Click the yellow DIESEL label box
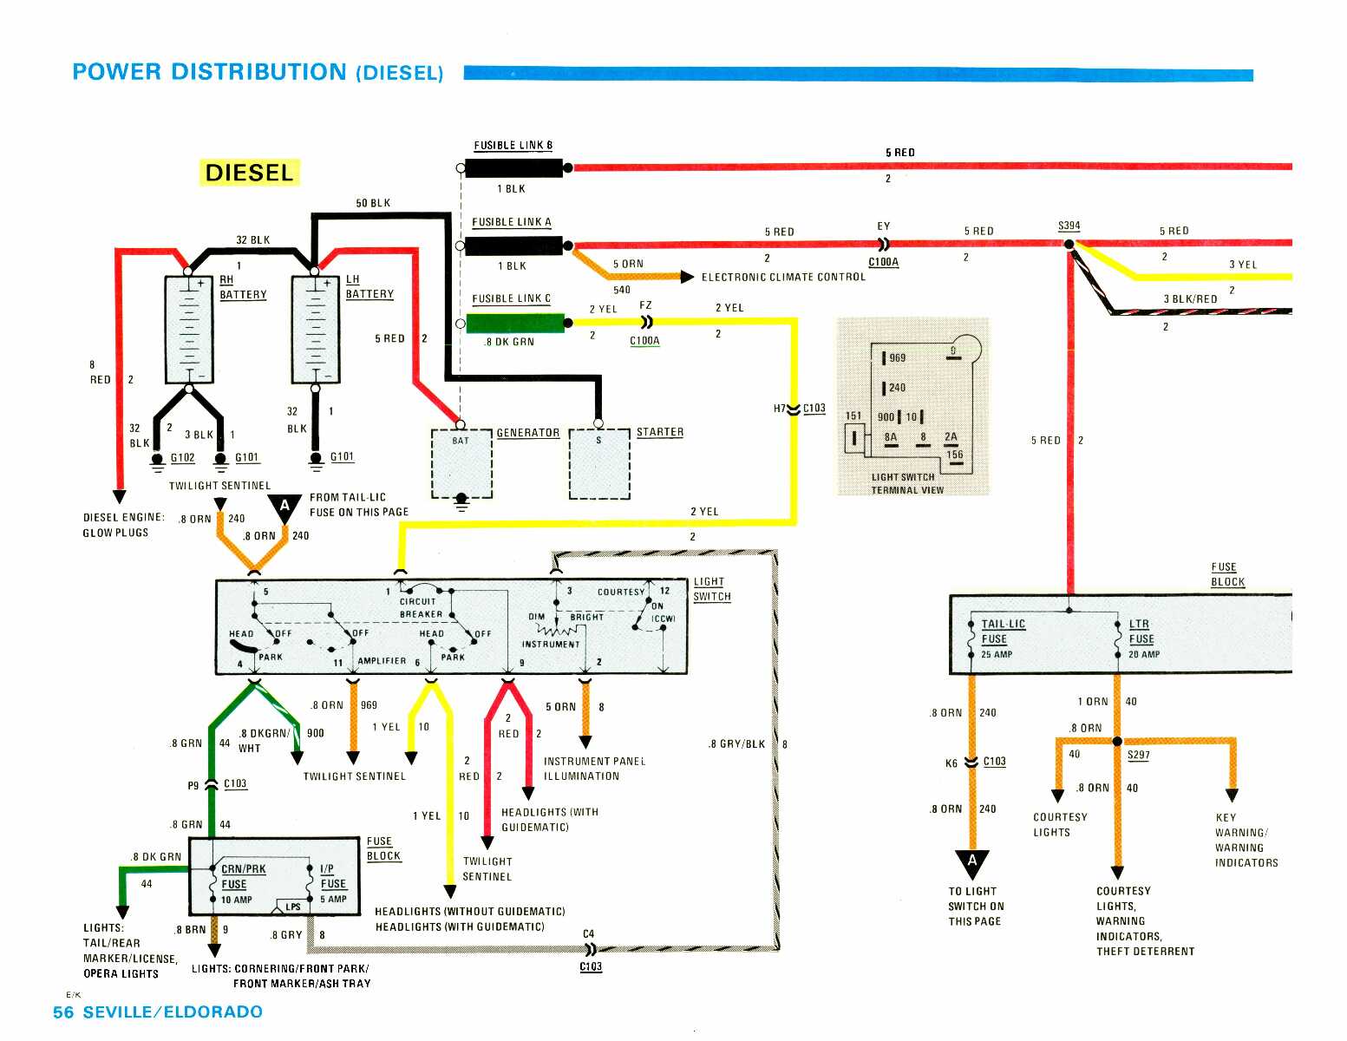click(249, 173)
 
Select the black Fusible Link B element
click(513, 167)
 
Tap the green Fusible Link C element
click(514, 324)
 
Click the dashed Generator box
click(461, 463)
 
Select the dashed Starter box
click(598, 463)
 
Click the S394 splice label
click(1069, 226)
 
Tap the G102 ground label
click(182, 457)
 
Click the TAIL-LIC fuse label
click(1003, 624)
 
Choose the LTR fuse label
click(1139, 624)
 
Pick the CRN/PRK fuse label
click(243, 868)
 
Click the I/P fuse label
click(327, 868)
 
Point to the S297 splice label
click(1138, 755)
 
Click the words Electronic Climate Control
click(783, 277)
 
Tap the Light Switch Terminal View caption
click(903, 483)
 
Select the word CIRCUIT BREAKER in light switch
click(421, 607)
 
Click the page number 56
click(63, 1012)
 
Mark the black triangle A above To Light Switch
click(971, 862)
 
